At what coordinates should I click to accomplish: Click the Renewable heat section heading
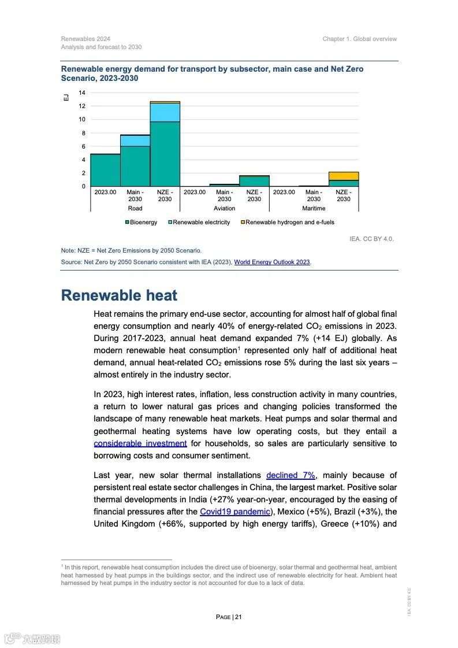click(119, 295)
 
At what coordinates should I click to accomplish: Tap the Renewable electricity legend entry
click(201, 222)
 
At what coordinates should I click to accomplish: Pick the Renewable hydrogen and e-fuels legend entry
click(289, 222)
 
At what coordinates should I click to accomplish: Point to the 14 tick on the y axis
click(82, 93)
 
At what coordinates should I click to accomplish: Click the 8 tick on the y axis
click(82, 133)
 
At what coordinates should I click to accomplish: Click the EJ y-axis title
click(66, 98)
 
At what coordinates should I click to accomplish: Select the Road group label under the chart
click(135, 208)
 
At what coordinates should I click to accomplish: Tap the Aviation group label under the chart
click(224, 208)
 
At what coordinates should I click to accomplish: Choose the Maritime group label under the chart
click(314, 208)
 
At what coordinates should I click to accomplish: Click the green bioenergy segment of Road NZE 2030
click(165, 154)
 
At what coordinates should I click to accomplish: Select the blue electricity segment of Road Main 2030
click(135, 140)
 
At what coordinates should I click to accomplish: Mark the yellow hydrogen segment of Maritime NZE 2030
click(344, 176)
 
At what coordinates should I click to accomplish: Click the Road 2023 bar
click(105, 170)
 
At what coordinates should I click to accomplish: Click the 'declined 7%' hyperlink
click(291, 475)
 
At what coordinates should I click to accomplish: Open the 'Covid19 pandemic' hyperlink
click(234, 512)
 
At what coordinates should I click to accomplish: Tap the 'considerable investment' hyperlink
click(140, 443)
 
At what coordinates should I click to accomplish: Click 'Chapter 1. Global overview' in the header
click(360, 39)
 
